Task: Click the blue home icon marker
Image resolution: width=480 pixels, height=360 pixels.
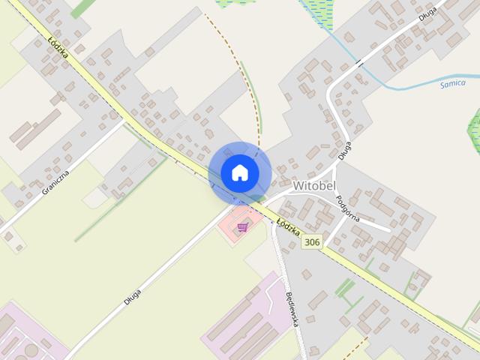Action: tap(239, 172)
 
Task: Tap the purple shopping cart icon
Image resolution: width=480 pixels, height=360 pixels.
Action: tap(242, 226)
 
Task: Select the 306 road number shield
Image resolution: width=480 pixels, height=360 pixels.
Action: tap(312, 241)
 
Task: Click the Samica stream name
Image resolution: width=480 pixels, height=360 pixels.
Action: tap(452, 83)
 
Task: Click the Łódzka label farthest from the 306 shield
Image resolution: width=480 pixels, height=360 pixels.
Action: tap(58, 49)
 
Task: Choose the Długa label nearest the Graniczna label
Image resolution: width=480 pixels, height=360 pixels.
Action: tap(133, 292)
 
